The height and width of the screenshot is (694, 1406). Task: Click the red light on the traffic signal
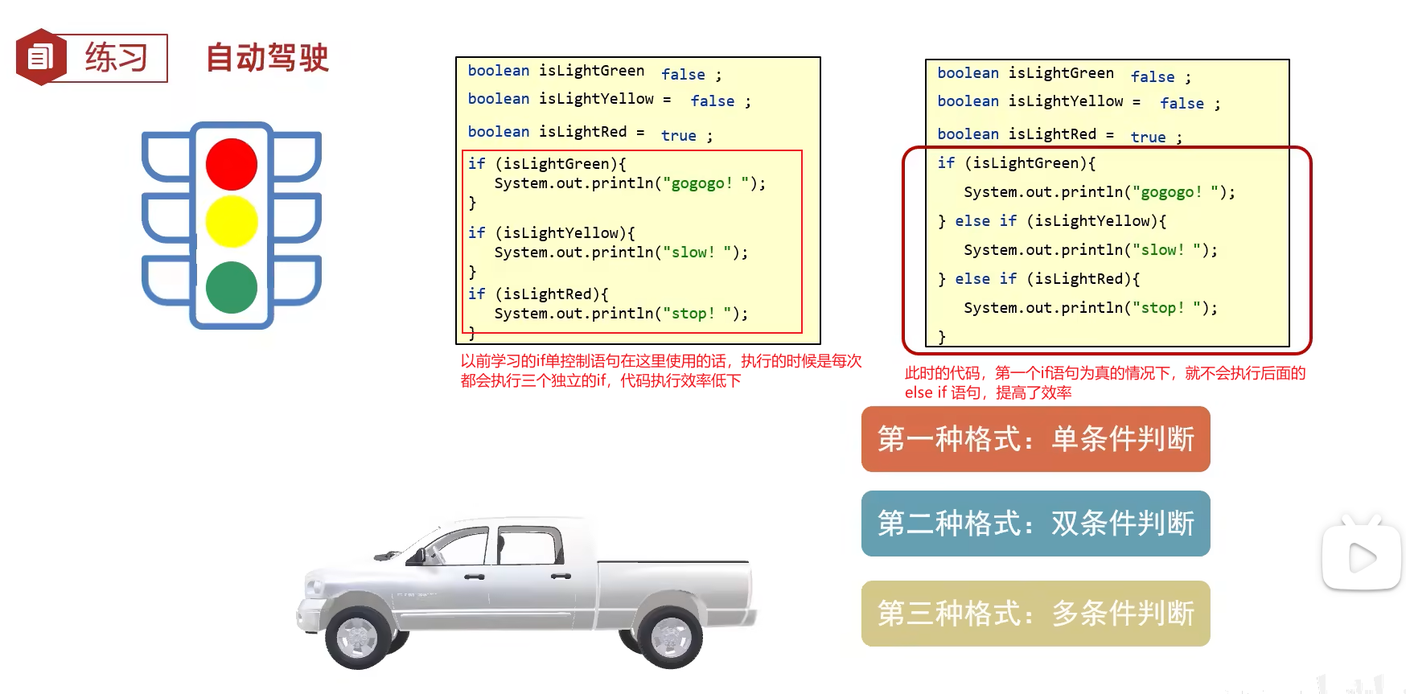point(232,164)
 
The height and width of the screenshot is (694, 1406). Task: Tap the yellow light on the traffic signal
point(232,221)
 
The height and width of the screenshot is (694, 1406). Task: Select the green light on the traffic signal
point(232,287)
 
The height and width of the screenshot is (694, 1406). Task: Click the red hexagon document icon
point(40,57)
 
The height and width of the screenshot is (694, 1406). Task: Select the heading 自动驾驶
point(267,58)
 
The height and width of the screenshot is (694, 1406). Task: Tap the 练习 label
point(117,58)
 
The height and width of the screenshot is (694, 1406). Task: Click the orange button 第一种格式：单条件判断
point(1035,439)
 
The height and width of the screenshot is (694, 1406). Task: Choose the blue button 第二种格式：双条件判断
point(1035,524)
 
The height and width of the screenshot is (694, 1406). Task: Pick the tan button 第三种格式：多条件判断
point(1035,614)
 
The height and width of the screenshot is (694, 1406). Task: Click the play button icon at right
point(1361,557)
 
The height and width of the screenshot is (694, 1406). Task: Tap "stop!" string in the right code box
point(1162,308)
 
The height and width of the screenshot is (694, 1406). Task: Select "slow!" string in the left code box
point(693,253)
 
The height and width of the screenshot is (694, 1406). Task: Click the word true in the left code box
point(678,136)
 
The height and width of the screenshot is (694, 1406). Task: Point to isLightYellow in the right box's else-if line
point(1091,221)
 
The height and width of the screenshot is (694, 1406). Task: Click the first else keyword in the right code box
point(972,221)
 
